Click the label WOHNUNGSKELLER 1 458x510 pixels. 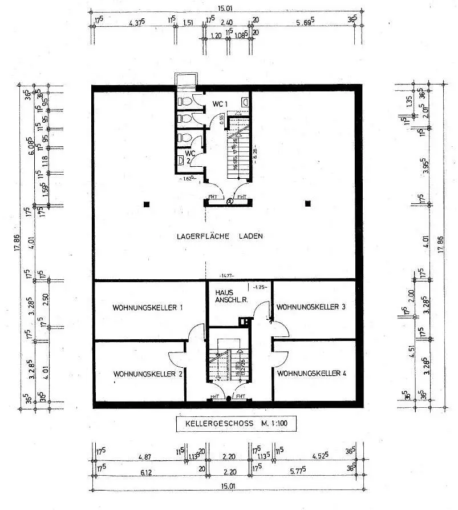click(147, 308)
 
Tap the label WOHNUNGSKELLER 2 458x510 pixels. click(147, 374)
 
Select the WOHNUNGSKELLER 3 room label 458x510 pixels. click(311, 307)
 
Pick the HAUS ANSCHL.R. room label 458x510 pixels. click(226, 295)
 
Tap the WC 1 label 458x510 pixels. click(220, 103)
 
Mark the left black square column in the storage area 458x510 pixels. click(147, 203)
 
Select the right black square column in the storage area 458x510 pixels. click(308, 203)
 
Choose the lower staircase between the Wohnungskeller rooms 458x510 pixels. click(228, 364)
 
